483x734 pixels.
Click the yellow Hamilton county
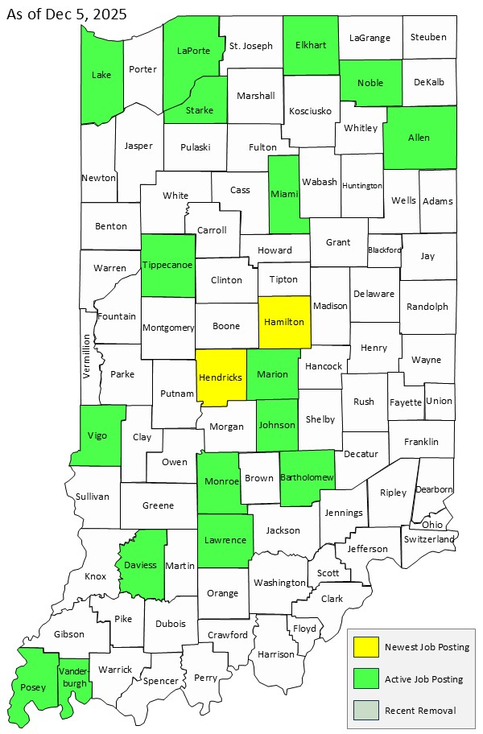point(285,322)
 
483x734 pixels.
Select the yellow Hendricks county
point(221,375)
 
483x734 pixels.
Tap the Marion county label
point(273,374)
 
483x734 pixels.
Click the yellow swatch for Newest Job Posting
point(366,647)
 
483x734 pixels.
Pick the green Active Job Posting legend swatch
point(366,678)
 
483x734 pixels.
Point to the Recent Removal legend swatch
point(366,710)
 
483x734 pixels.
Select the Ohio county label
point(431,524)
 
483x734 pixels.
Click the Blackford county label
point(384,250)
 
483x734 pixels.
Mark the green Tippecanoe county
point(167,265)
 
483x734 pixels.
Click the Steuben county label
point(428,37)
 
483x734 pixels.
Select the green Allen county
point(419,138)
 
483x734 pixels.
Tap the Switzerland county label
point(430,538)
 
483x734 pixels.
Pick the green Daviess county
point(141,565)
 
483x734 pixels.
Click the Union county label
point(439,401)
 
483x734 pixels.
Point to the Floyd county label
point(304,628)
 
